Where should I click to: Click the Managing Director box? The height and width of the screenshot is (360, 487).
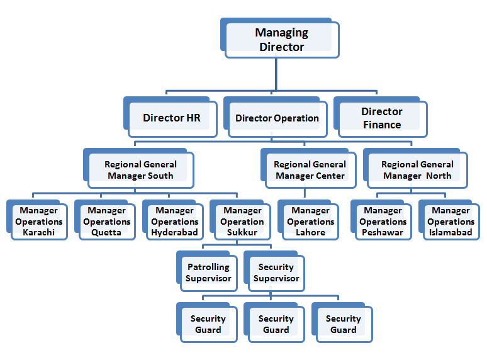(281, 40)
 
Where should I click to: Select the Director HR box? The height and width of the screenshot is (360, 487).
(171, 118)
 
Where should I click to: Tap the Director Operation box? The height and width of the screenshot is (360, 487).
(277, 118)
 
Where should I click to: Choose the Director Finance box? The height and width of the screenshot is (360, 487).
(381, 118)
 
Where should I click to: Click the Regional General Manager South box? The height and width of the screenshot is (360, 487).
(140, 170)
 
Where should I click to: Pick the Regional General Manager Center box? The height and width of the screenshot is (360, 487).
(310, 170)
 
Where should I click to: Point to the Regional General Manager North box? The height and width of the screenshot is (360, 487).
(417, 170)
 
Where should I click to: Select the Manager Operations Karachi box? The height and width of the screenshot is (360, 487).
(39, 222)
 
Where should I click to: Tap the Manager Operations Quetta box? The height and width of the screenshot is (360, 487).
(106, 222)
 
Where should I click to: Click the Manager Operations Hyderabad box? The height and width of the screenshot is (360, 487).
(174, 222)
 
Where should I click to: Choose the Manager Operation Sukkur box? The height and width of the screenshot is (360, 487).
(242, 222)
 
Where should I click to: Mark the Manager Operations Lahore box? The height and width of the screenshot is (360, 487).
(310, 222)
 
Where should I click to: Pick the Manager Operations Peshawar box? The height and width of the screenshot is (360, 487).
(383, 222)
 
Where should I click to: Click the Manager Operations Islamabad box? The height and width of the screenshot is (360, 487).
(451, 222)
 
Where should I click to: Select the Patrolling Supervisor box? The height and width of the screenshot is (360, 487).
(208, 273)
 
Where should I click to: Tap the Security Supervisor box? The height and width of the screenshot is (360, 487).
(276, 273)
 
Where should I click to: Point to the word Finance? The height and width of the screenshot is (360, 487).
(381, 125)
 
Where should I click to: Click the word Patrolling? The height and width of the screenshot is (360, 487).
(208, 267)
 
